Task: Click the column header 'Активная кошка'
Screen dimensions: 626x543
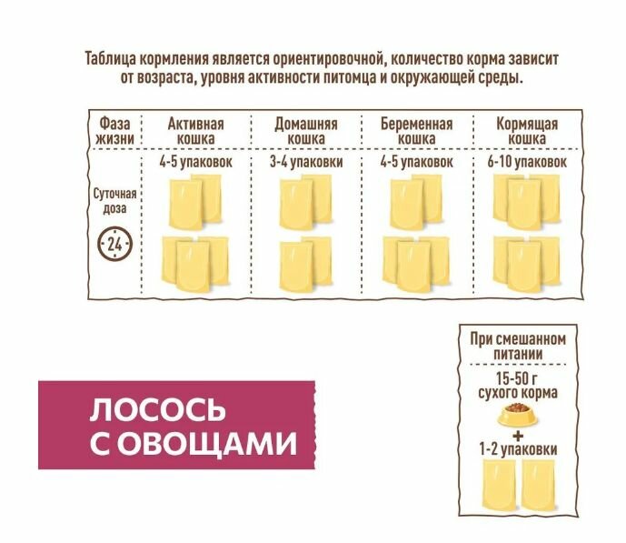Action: pyautogui.click(x=195, y=130)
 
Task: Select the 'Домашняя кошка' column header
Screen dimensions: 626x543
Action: pyautogui.click(x=306, y=130)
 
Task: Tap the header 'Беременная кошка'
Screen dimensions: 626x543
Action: pyautogui.click(x=415, y=130)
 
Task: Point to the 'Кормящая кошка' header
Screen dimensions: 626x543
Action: pyautogui.click(x=526, y=130)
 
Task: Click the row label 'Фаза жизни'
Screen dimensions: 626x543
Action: pyautogui.click(x=114, y=130)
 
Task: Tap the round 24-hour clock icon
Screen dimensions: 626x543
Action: pyautogui.click(x=114, y=244)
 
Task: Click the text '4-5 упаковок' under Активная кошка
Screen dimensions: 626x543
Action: pyautogui.click(x=195, y=161)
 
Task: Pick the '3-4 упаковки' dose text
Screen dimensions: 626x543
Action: pyautogui.click(x=306, y=161)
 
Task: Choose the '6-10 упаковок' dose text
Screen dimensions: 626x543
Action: pyautogui.click(x=527, y=161)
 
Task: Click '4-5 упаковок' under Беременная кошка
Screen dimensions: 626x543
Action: pyautogui.click(x=415, y=161)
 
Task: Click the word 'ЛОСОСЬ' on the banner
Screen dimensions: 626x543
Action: pyautogui.click(x=156, y=409)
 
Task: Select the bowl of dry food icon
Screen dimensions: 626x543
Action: pyautogui.click(x=518, y=415)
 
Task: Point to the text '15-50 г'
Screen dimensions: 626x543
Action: pyautogui.click(x=518, y=378)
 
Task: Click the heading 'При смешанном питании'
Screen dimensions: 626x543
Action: pyautogui.click(x=518, y=347)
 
